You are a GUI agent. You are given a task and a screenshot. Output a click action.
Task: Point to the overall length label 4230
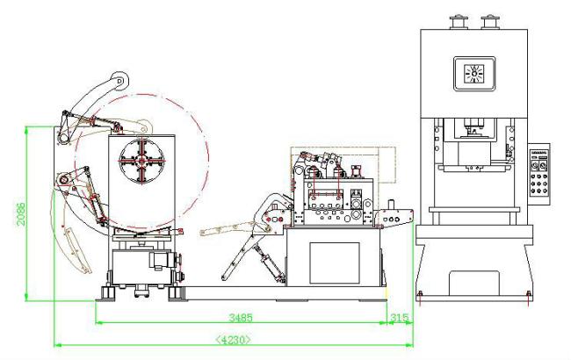pos(234,339)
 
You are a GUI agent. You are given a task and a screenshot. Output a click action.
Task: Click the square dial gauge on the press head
pos(474,72)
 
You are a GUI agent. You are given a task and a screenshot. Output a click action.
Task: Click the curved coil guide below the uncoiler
pos(74,250)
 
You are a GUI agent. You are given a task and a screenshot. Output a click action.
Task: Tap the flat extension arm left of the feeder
pos(225,229)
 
